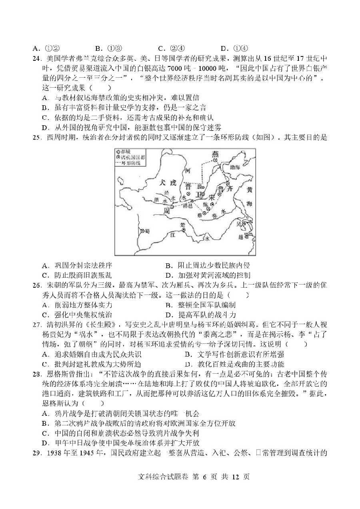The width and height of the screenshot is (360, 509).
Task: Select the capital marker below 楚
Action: point(184,230)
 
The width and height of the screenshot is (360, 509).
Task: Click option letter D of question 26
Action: point(168,315)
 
